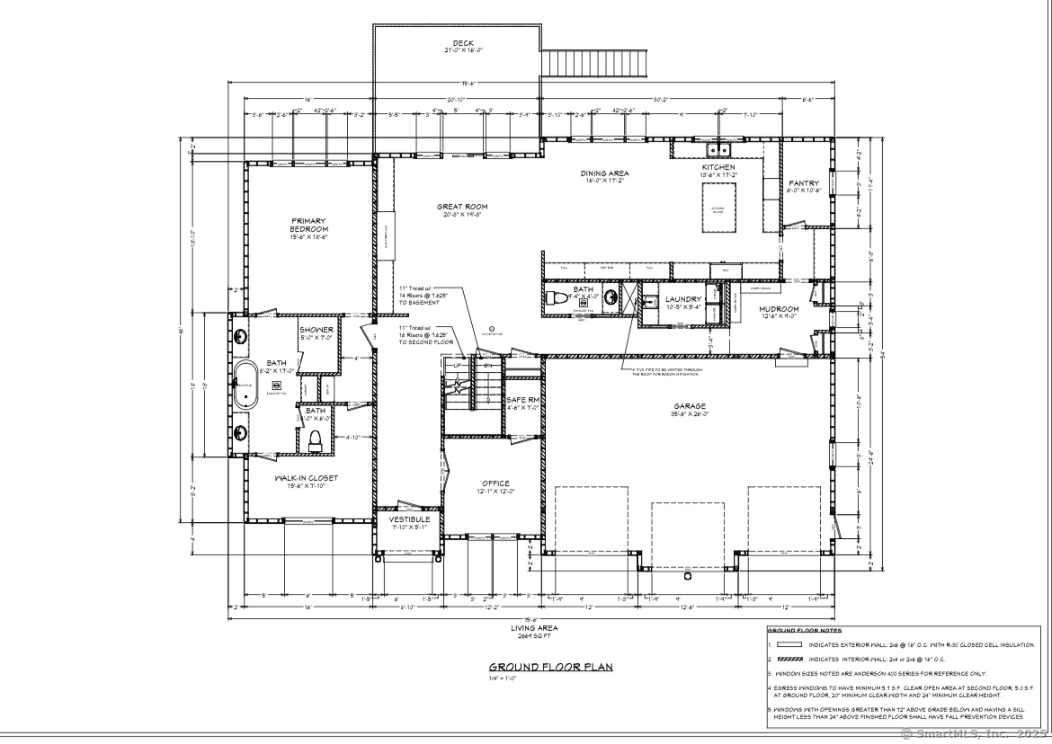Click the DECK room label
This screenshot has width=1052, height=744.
tap(463, 44)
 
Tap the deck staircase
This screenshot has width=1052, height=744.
tap(598, 65)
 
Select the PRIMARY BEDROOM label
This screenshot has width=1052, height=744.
tap(308, 224)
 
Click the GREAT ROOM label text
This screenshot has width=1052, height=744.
tap(462, 207)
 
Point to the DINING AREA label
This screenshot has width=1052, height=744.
tap(604, 173)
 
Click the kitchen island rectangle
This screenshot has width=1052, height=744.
tap(718, 206)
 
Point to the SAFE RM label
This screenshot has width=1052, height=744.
tap(522, 400)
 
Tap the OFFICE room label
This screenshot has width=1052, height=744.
tap(495, 483)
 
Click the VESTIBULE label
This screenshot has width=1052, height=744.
tap(409, 519)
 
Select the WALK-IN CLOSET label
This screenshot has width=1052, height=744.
tap(307, 479)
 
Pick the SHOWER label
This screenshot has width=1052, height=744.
tap(316, 330)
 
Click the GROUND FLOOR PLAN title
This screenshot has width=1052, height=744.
tap(539, 667)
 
